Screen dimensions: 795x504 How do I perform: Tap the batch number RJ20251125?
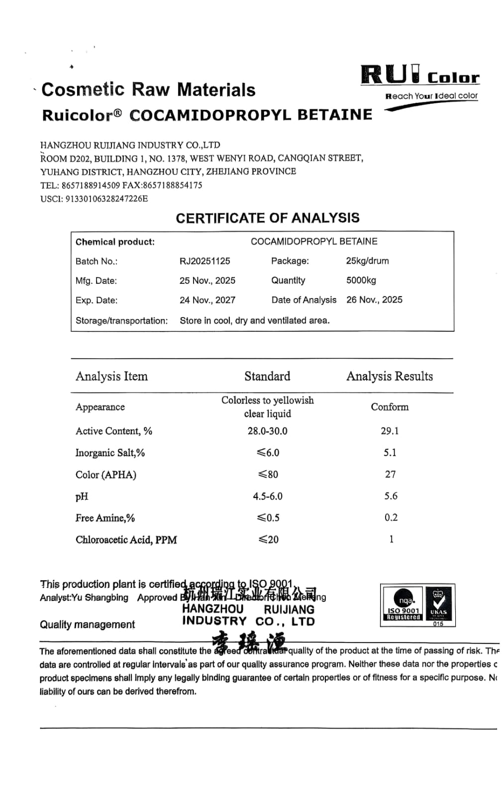[x=204, y=261]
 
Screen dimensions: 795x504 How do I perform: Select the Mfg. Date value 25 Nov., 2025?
[x=207, y=280]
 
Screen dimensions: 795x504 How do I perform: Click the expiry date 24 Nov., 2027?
[x=207, y=300]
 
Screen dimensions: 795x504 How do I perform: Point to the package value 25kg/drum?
[x=367, y=261]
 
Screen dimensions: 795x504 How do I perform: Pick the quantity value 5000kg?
[x=361, y=280]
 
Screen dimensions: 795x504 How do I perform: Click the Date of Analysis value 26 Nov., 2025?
[x=374, y=300]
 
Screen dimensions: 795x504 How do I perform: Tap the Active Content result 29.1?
[x=390, y=431]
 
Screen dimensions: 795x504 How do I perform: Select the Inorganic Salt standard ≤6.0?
[x=268, y=453]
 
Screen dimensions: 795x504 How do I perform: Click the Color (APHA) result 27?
[x=390, y=475]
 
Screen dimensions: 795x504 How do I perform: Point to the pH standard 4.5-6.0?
[x=268, y=496]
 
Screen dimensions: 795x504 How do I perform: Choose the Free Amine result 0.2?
[x=391, y=517]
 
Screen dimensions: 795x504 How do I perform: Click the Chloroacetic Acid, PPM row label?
[x=126, y=540]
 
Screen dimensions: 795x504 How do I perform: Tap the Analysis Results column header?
[x=390, y=376]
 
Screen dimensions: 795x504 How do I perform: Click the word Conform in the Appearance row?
[x=390, y=407]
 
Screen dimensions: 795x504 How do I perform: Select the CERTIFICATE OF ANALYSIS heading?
[x=267, y=218]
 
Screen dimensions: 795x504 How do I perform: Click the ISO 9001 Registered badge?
[x=403, y=604]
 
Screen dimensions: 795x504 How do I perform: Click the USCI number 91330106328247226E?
[x=106, y=199]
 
